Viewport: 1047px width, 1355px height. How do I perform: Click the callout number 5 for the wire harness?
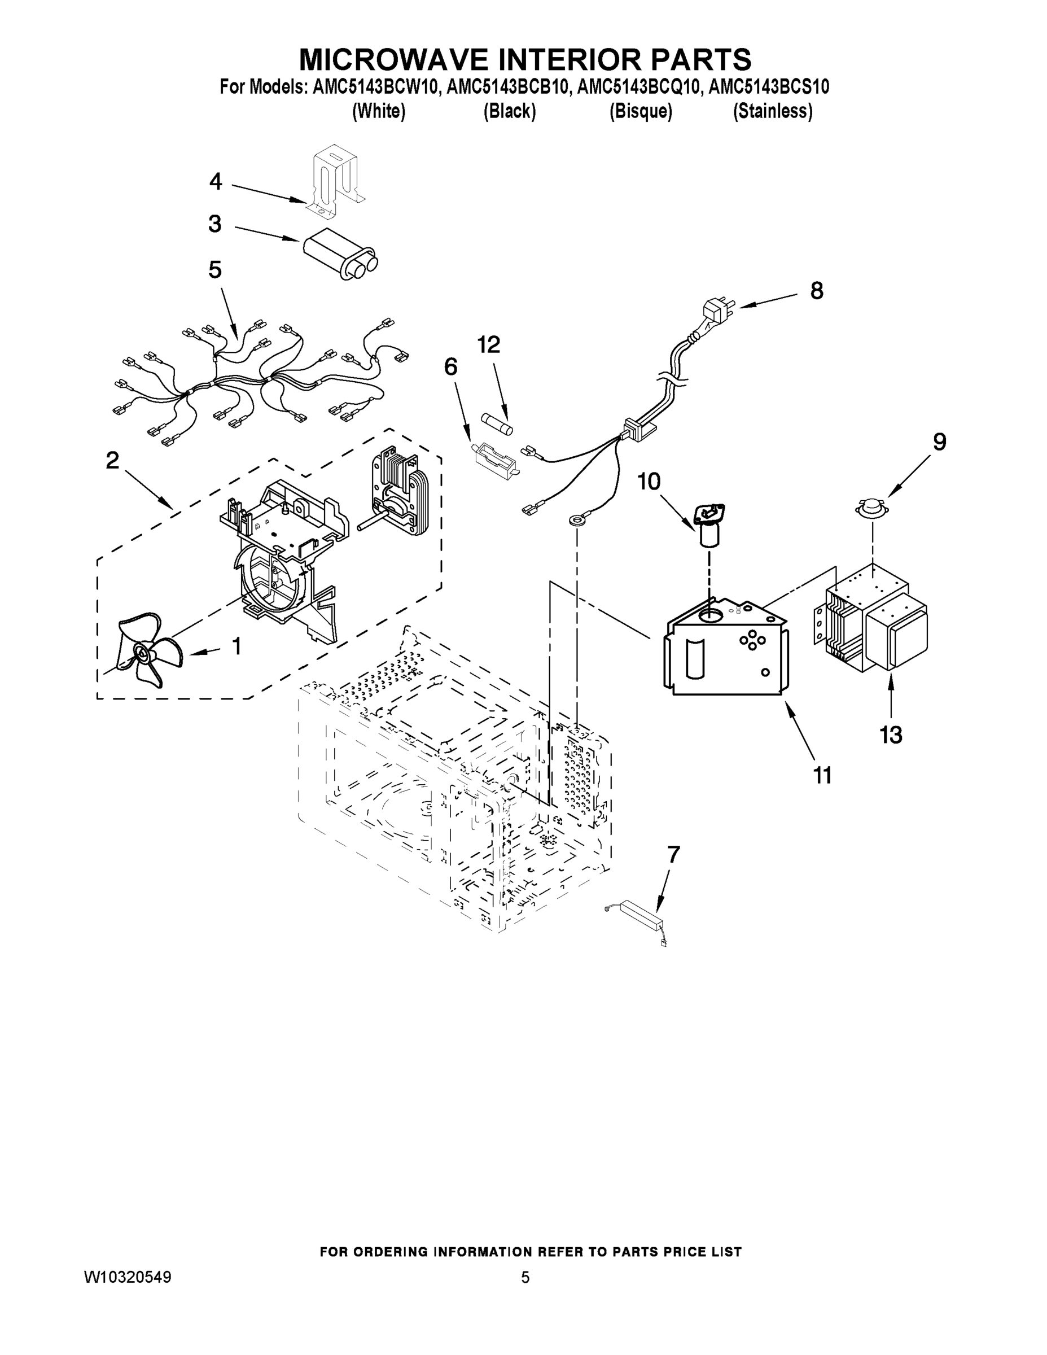pyautogui.click(x=215, y=270)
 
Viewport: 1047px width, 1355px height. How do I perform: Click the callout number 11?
pyautogui.click(x=822, y=775)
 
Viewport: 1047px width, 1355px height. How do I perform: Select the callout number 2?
pyautogui.click(x=112, y=460)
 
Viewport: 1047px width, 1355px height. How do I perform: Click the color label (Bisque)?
pyautogui.click(x=641, y=111)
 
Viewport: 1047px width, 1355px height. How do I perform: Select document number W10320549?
pyautogui.click(x=127, y=1278)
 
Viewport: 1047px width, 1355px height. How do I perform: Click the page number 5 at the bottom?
pyautogui.click(x=525, y=1278)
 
